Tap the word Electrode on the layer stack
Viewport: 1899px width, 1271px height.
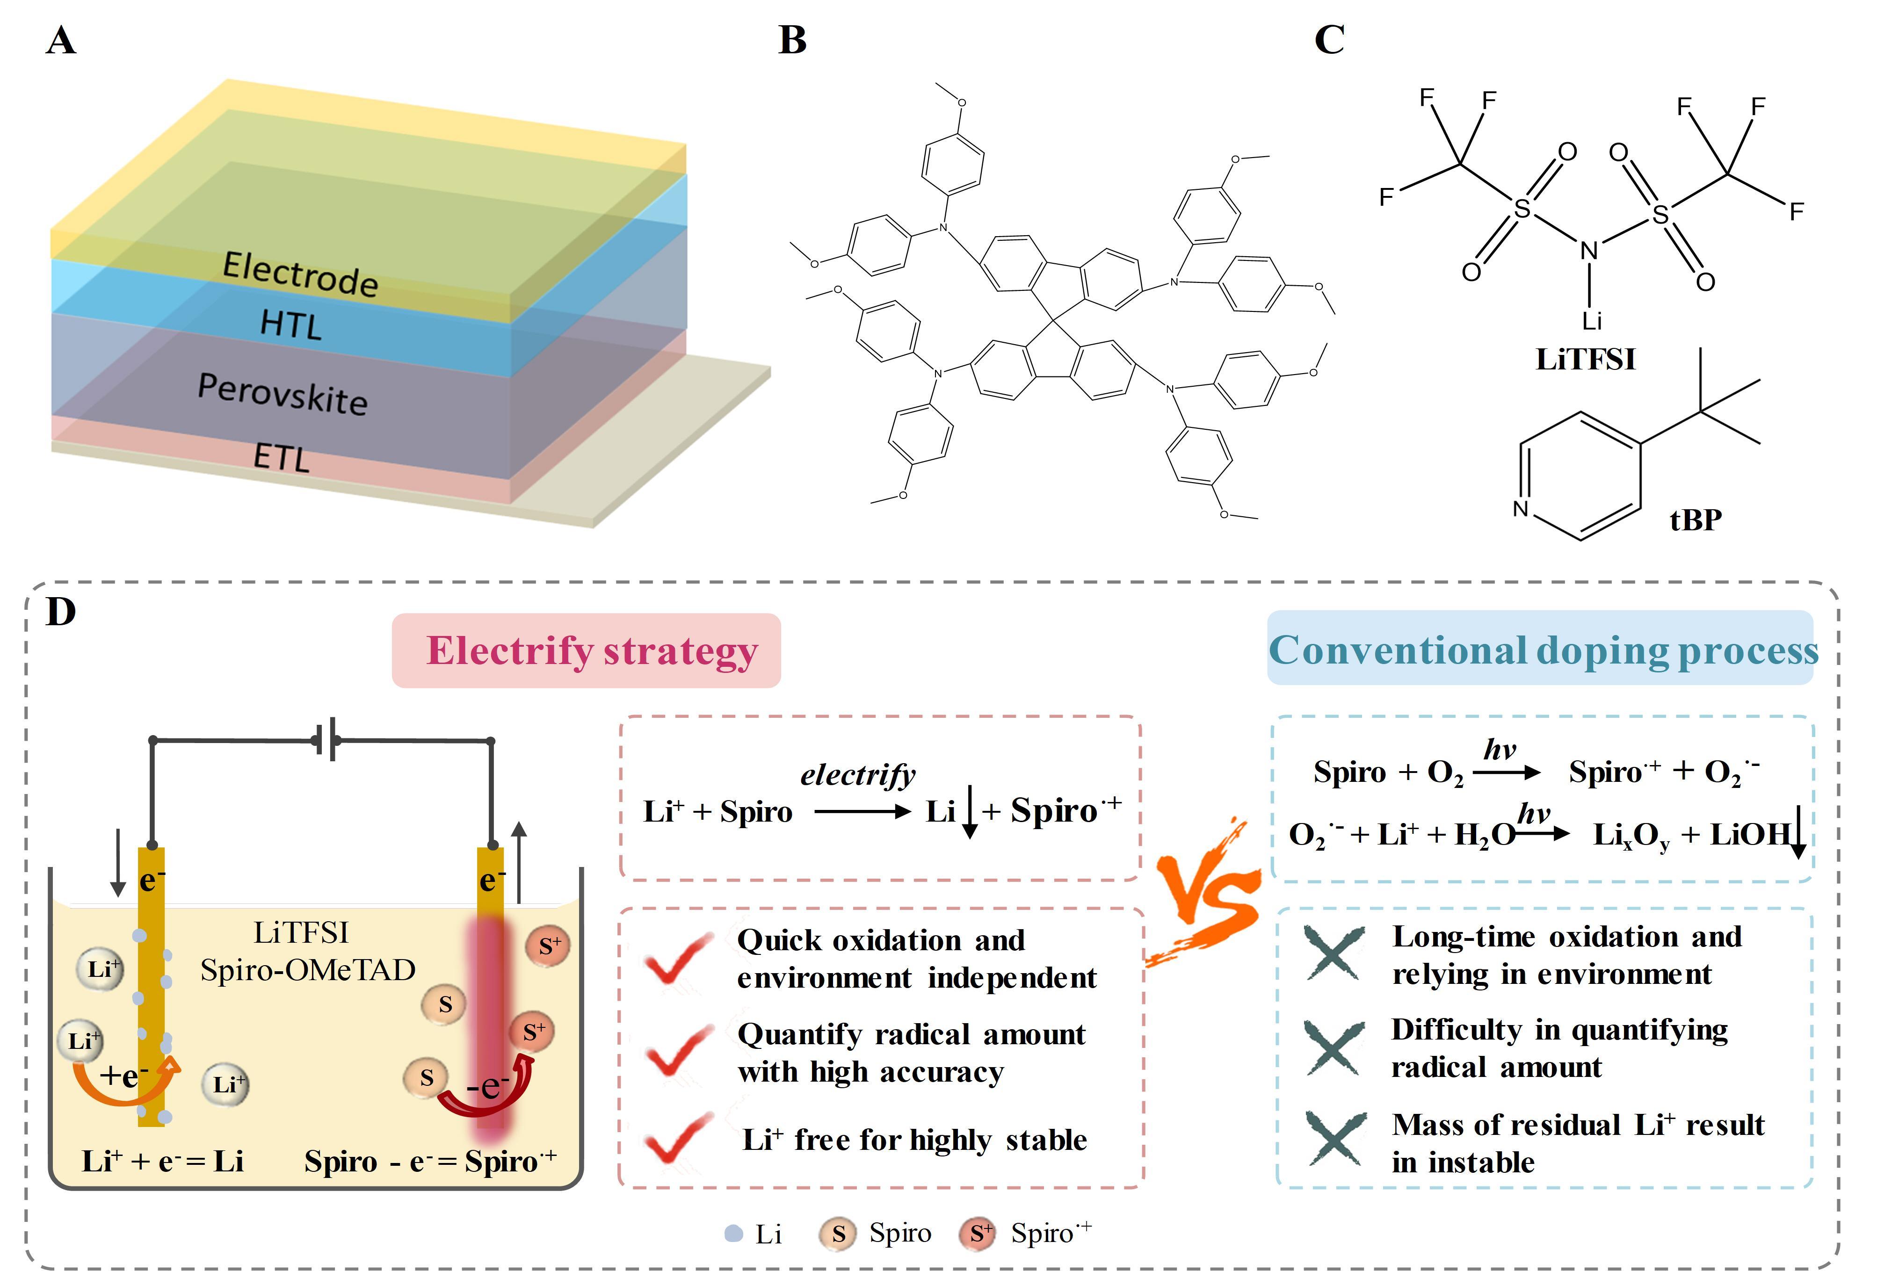(300, 274)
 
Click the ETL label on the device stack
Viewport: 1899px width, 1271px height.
(281, 458)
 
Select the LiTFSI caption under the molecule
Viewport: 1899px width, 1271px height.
(1585, 359)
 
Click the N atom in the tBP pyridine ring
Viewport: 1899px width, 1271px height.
(1520, 508)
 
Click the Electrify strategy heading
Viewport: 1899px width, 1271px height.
(591, 651)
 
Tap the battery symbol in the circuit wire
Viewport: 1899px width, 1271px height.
(327, 741)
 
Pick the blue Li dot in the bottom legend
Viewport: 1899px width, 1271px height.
(733, 1234)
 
